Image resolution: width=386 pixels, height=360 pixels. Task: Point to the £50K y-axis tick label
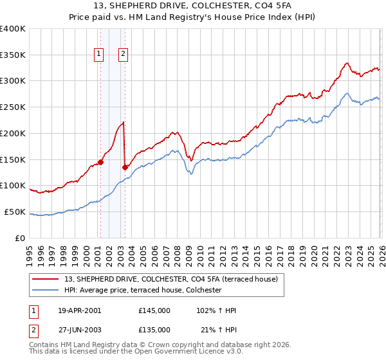pyautogui.click(x=15, y=212)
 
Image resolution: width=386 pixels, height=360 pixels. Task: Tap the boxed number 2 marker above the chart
pyautogui.click(x=122, y=55)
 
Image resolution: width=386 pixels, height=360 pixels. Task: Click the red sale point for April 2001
pyautogui.click(x=101, y=162)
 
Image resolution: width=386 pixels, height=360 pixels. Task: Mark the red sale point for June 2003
pyautogui.click(x=125, y=167)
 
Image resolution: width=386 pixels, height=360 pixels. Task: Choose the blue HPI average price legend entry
pyautogui.click(x=142, y=291)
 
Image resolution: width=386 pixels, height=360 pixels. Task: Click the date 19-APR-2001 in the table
pyautogui.click(x=80, y=310)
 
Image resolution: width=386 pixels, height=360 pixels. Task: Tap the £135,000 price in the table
pyautogui.click(x=154, y=330)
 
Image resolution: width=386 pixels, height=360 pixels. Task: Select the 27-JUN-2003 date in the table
pyautogui.click(x=80, y=330)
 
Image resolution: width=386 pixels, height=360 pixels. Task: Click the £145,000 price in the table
pyautogui.click(x=154, y=310)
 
